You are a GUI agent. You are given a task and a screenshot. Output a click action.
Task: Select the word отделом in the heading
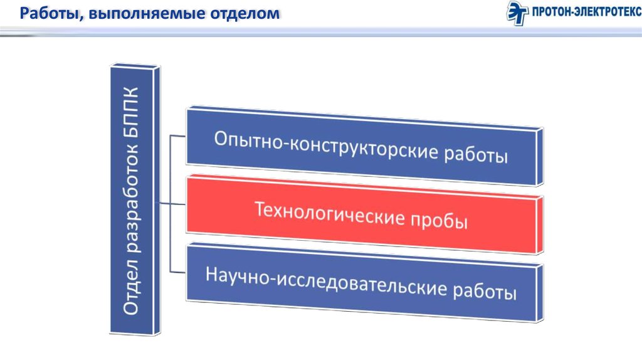245,14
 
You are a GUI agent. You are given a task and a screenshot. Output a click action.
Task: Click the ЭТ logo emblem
517,13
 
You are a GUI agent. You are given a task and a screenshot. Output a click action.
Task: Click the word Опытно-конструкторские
326,146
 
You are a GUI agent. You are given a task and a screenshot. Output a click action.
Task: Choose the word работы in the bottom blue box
485,291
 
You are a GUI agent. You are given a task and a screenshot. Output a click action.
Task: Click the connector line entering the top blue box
179,135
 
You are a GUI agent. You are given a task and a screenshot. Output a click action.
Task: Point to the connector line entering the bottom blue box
179,272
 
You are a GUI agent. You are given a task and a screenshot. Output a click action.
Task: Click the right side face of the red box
540,225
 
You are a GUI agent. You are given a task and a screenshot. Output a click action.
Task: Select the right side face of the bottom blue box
540,294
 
